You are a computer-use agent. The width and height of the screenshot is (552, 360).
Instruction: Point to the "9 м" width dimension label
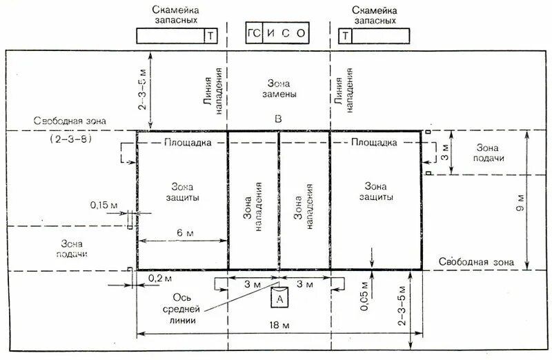tap(522, 202)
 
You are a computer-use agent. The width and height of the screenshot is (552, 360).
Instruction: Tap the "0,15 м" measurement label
tap(103, 205)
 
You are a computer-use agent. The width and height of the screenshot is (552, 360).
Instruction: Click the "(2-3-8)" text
tap(71, 139)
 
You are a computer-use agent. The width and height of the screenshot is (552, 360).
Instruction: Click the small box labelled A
tap(279, 299)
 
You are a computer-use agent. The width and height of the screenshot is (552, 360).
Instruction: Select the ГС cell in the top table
tap(254, 33)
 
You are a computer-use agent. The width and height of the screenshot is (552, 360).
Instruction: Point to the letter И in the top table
tap(269, 33)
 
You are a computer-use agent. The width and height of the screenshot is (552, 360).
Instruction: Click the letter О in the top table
tap(298, 33)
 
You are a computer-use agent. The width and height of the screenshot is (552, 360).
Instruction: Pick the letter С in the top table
tap(284, 33)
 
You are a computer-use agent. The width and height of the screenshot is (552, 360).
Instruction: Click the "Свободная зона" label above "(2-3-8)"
tap(69, 121)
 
